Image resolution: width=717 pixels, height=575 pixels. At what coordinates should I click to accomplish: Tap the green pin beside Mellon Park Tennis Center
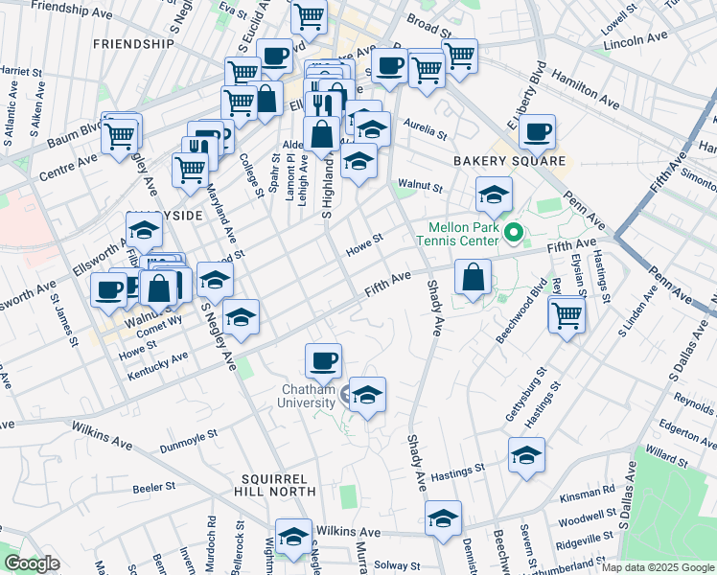[513, 231]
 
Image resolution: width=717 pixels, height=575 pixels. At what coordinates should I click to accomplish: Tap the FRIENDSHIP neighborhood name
[133, 44]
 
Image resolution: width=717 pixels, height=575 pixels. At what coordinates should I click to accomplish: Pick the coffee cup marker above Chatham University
[324, 360]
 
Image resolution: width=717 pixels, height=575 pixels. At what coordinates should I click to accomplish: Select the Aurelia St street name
[426, 127]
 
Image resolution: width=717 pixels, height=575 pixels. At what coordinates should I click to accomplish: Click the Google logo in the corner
[32, 563]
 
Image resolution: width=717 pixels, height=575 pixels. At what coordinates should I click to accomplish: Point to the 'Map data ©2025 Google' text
[657, 567]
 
